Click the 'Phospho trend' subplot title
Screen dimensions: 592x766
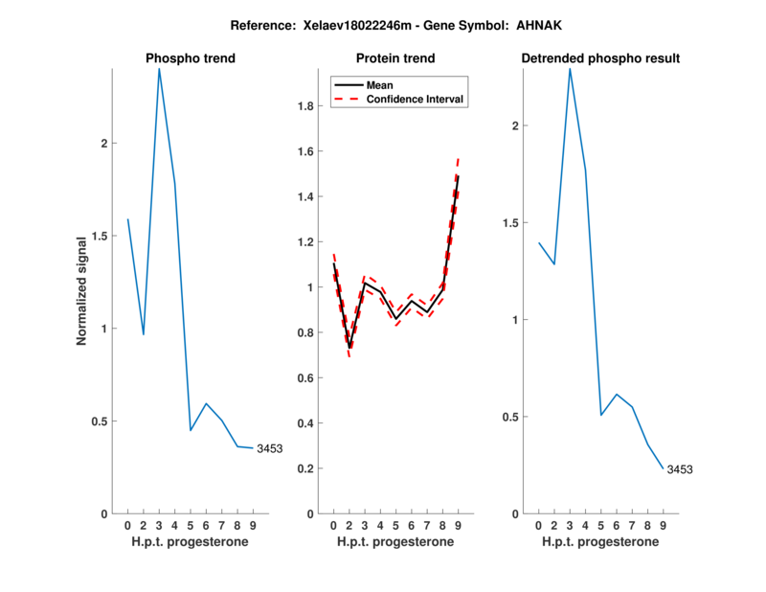pyautogui.click(x=191, y=59)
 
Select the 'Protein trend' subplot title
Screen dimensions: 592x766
pyautogui.click(x=395, y=59)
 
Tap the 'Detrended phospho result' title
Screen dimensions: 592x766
pyautogui.click(x=600, y=59)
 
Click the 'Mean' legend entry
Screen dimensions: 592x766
pyautogui.click(x=379, y=85)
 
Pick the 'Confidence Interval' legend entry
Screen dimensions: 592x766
pyautogui.click(x=415, y=99)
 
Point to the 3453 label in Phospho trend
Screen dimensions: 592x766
pyautogui.click(x=269, y=448)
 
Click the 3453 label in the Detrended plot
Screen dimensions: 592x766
pyautogui.click(x=679, y=469)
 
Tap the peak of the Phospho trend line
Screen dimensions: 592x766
pyautogui.click(x=159, y=69)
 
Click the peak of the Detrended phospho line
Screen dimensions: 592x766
pyautogui.click(x=570, y=69)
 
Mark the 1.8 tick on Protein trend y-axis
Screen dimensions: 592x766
pyautogui.click(x=308, y=106)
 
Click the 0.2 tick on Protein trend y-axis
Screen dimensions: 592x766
pyautogui.click(x=308, y=468)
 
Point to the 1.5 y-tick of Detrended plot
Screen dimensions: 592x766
pyautogui.click(x=510, y=223)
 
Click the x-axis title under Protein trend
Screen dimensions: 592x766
pyautogui.click(x=395, y=541)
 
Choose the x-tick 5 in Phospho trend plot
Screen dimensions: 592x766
pyautogui.click(x=191, y=525)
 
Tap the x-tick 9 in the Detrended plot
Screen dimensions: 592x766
pyautogui.click(x=663, y=525)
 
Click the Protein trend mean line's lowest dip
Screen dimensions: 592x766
pyautogui.click(x=349, y=347)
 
